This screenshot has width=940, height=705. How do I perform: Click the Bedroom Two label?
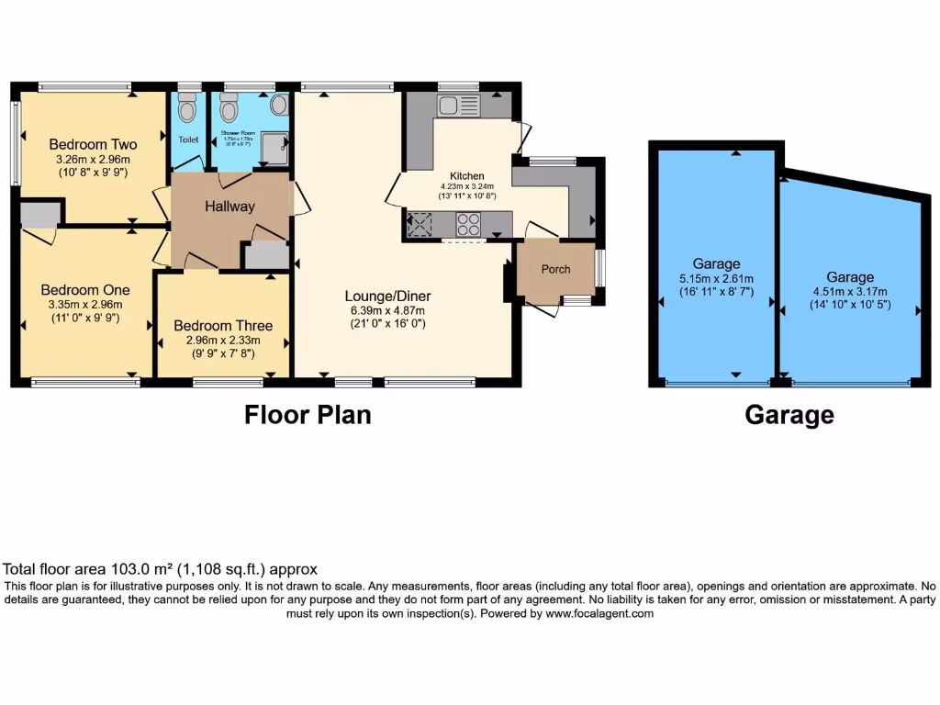[93, 144]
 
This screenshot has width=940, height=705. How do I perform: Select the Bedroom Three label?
[223, 326]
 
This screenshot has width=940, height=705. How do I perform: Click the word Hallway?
[229, 207]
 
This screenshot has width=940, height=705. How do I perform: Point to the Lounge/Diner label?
[387, 296]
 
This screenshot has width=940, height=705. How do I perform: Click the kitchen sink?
[453, 106]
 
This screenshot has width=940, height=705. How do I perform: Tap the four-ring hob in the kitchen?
[468, 224]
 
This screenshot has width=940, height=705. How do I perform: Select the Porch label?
[555, 269]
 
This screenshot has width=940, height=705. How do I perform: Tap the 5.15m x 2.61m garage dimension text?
[716, 279]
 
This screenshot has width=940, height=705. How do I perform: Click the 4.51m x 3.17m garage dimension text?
[850, 292]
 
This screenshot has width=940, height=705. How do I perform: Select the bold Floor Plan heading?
[308, 415]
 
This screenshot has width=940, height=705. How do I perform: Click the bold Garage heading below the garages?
[789, 415]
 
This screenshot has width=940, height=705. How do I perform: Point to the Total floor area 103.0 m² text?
[161, 569]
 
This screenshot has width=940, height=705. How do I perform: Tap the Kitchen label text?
[466, 176]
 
